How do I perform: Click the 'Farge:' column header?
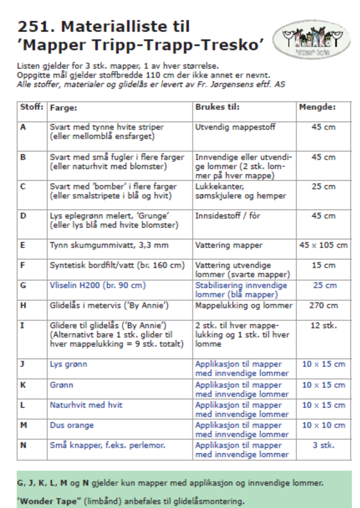tap(63, 108)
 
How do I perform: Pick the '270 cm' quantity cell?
tap(324, 305)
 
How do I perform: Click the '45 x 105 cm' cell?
tap(324, 246)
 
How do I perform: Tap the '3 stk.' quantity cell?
tap(324, 445)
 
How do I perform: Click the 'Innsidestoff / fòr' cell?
tap(224, 215)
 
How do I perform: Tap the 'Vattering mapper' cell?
tap(229, 246)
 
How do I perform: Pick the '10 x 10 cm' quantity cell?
tap(324, 425)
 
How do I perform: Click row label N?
tap(23, 445)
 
